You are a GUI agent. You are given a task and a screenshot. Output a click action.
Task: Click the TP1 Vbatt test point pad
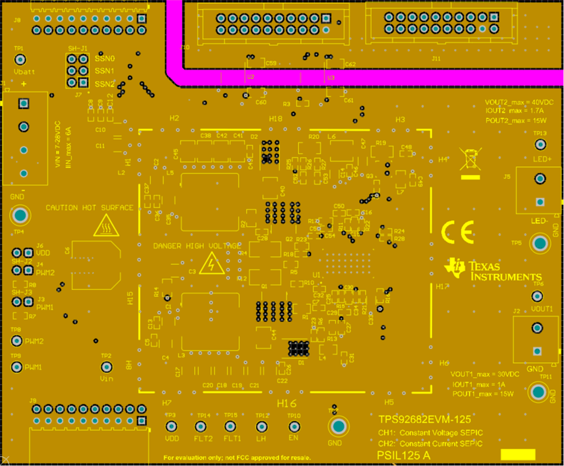(x=20, y=60)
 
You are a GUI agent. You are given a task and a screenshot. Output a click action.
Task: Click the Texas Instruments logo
(x=493, y=271)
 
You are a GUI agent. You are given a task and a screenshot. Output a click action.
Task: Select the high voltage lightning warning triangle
(x=212, y=264)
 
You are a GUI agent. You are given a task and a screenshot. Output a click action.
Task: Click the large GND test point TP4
(x=20, y=216)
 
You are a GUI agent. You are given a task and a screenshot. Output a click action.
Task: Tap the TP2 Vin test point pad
(x=106, y=367)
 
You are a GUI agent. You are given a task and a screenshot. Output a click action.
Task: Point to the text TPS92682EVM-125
(x=424, y=420)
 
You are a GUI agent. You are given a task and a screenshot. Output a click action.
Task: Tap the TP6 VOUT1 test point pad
(x=537, y=296)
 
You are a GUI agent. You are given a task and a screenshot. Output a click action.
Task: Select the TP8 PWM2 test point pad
(x=17, y=341)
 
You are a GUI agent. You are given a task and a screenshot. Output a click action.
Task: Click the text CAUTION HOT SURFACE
(x=90, y=207)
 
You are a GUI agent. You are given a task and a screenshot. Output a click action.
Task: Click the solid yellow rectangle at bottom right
(x=518, y=455)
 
